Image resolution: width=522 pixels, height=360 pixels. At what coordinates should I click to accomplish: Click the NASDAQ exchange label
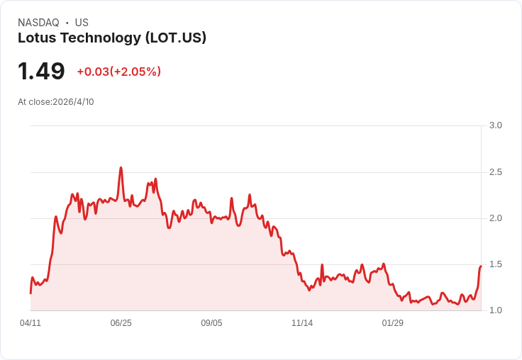38,23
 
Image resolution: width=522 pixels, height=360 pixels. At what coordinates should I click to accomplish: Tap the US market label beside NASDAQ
82,23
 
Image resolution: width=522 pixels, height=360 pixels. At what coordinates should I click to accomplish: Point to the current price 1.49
41,71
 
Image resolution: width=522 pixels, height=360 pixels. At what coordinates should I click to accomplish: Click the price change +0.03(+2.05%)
119,72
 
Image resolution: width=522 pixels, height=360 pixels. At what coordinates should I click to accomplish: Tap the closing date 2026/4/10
73,102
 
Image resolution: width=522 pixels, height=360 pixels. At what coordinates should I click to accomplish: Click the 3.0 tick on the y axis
496,125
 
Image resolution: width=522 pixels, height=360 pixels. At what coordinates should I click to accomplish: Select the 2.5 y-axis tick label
496,172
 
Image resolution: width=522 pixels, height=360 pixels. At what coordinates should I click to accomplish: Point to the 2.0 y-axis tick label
496,218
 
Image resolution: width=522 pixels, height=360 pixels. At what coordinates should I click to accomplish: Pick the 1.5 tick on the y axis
496,264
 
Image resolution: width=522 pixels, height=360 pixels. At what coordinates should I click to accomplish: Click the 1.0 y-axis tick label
496,310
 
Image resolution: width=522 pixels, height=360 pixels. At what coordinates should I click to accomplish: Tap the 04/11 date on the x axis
30,323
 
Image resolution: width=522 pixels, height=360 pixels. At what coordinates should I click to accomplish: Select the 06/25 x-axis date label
121,323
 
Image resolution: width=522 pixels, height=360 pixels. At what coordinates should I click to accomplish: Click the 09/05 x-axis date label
211,323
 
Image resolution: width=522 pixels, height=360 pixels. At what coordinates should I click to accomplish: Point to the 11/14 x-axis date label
302,323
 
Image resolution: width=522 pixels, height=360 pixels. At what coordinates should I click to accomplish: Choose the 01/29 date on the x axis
393,323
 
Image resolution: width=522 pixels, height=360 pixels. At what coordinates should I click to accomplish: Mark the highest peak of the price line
121,168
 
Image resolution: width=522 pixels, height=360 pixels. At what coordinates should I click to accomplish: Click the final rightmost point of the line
481,266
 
